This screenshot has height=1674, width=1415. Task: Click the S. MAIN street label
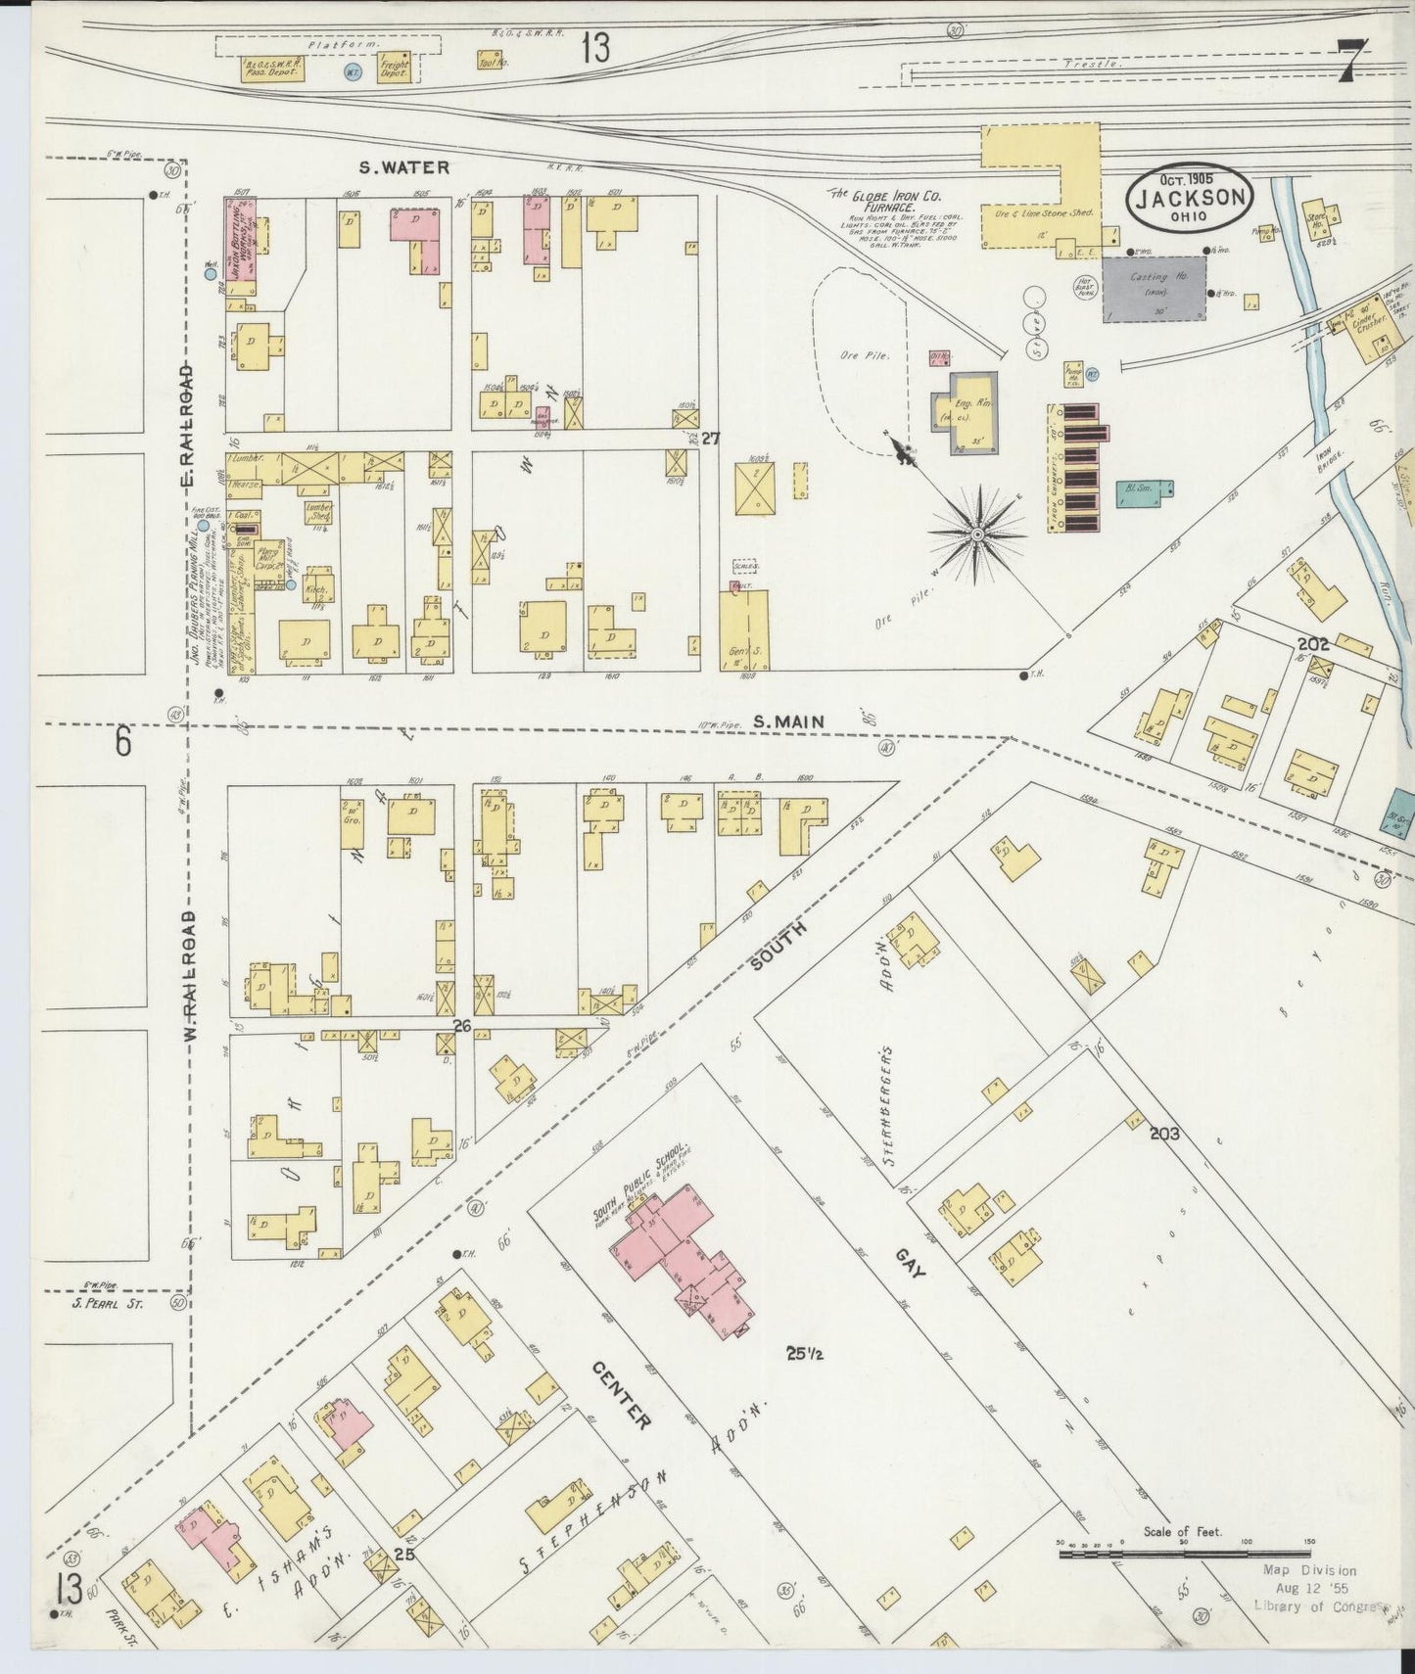pyautogui.click(x=788, y=721)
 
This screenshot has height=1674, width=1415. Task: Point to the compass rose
pyautogui.click(x=976, y=534)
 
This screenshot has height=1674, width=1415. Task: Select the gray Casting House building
pyautogui.click(x=1155, y=289)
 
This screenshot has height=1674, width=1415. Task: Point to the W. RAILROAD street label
pyautogui.click(x=192, y=976)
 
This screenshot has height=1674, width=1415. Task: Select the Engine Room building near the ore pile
pyautogui.click(x=964, y=411)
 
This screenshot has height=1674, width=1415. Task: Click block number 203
pyautogui.click(x=1164, y=1134)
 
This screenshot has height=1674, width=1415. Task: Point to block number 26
pyautogui.click(x=462, y=1025)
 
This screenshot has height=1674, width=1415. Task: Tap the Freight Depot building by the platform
pyautogui.click(x=394, y=67)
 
